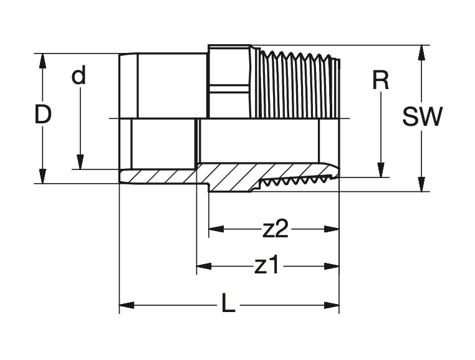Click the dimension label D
pos(42,115)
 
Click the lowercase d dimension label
pos(79,76)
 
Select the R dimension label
pos(380,80)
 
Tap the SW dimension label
pos(422,117)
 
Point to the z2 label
pos(275,230)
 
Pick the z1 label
pos(267,267)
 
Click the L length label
pos(229,305)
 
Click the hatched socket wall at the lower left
pos(159,176)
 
